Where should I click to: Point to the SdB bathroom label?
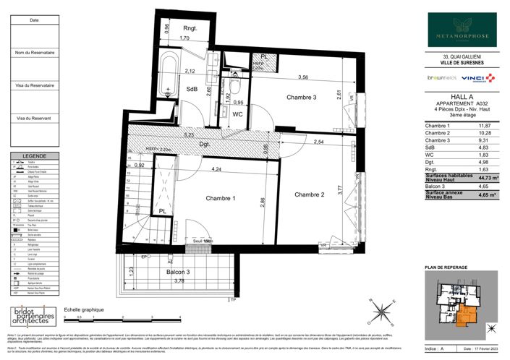click(192, 90)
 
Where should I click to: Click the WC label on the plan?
click(237, 114)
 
